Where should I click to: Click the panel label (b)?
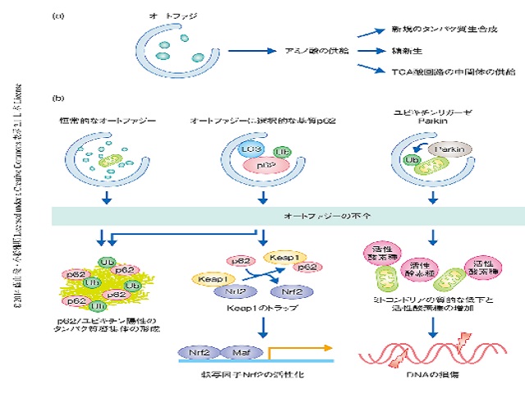click(58, 98)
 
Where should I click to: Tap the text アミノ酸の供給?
click(314, 51)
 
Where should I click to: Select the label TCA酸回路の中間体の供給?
click(442, 73)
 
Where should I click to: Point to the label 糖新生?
click(415, 51)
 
